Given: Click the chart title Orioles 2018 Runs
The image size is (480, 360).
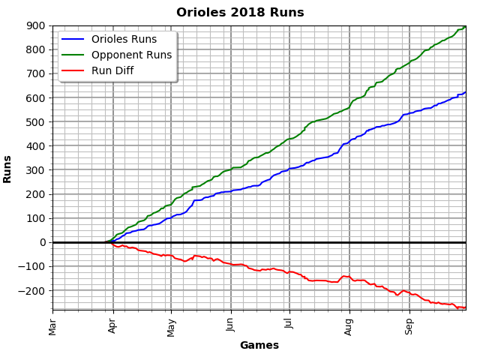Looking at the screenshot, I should (240, 13).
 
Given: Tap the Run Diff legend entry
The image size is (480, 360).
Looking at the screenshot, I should (118, 70).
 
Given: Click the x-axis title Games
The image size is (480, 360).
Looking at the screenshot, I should (259, 346).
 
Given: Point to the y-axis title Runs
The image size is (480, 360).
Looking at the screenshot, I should (7, 169).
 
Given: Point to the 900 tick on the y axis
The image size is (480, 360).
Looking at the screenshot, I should (37, 25).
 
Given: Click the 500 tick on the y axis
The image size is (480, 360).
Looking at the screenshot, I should (37, 121).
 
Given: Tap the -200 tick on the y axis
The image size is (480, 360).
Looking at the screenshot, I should (33, 290).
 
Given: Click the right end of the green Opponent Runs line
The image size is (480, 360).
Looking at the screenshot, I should (465, 27).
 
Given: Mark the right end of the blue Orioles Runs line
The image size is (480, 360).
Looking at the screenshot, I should (465, 92).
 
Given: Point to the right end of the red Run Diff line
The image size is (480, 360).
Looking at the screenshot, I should (465, 307).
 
